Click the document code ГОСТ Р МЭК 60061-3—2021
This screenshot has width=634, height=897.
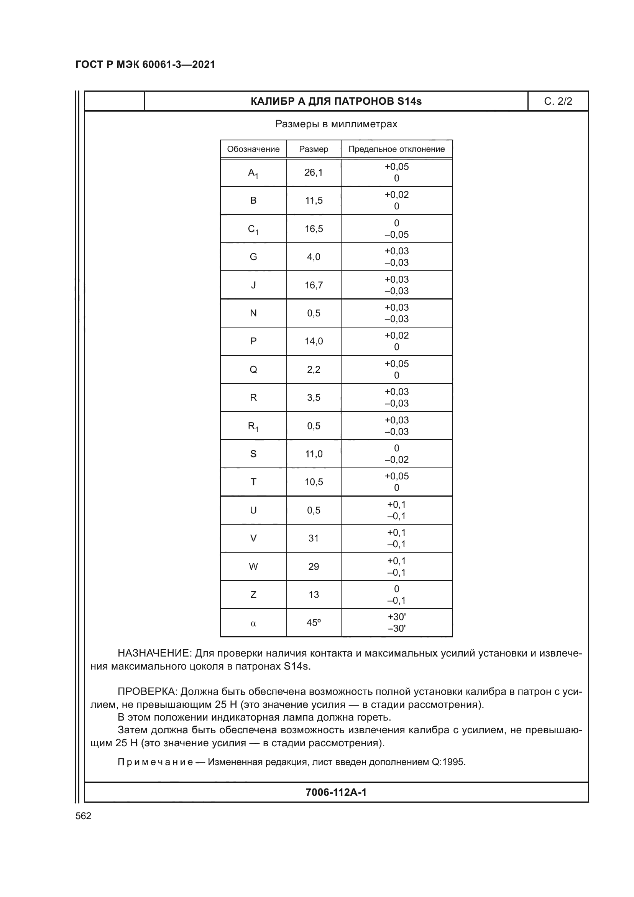(x=145, y=65)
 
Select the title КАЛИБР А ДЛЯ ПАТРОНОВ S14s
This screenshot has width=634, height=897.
(x=336, y=102)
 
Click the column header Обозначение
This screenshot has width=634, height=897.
(x=253, y=149)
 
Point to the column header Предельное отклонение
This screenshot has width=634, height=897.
(x=396, y=149)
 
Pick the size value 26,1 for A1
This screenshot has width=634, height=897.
(x=314, y=173)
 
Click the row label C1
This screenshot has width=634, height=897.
(x=253, y=229)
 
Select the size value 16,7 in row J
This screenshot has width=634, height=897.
(x=314, y=285)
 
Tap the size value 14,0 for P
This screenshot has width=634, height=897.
(x=314, y=341)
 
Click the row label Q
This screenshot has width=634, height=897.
(x=253, y=370)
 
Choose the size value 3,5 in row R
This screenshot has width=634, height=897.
(x=314, y=398)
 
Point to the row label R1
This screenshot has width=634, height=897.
(x=253, y=426)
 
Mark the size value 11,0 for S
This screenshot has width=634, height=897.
(x=314, y=454)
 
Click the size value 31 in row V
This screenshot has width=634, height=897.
(x=314, y=538)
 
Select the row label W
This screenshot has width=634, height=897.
(x=253, y=566)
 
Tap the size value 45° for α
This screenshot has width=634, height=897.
(x=314, y=623)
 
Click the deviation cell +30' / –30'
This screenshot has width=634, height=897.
(x=396, y=623)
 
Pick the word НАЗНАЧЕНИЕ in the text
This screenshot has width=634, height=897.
(x=154, y=653)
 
